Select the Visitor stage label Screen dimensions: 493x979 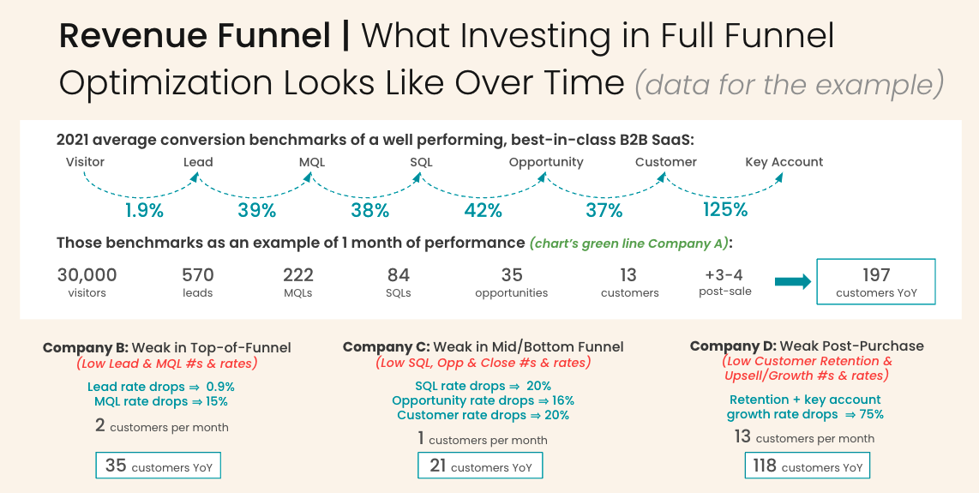(x=85, y=162)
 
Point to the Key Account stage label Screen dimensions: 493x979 (x=784, y=162)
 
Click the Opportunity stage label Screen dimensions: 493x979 (x=546, y=162)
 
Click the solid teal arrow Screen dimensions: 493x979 (x=792, y=282)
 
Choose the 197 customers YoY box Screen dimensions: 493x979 (x=876, y=282)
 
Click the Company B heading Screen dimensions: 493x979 (x=167, y=347)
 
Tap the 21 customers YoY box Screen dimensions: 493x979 (x=480, y=466)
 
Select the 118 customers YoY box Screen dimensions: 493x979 (x=807, y=466)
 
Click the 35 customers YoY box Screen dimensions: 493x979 (x=159, y=466)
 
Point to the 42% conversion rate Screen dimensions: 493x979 (x=483, y=210)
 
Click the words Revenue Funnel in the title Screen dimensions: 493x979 (x=195, y=36)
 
